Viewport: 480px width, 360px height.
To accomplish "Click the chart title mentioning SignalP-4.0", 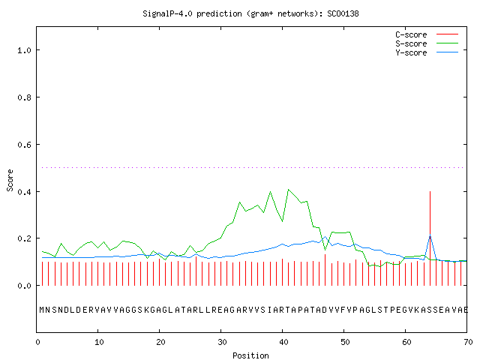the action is [250, 14].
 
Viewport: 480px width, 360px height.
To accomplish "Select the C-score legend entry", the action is [427, 34].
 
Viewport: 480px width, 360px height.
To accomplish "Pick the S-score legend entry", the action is [427, 43].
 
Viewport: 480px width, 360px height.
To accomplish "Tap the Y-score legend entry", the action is [427, 52].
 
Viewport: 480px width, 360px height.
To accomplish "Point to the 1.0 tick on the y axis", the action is [24, 50].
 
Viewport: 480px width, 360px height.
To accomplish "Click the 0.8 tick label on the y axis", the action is [24, 97].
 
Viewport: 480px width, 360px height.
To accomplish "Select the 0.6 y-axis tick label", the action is [24, 145].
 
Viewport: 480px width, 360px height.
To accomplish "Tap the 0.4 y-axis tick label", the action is [24, 192].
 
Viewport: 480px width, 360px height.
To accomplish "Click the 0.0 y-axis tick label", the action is [24, 286].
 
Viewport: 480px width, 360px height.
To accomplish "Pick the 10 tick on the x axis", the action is [99, 342].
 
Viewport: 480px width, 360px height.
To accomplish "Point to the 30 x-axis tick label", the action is [222, 342].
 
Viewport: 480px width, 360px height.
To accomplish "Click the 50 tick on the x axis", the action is [345, 342].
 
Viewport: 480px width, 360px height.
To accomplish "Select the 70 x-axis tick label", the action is [468, 342].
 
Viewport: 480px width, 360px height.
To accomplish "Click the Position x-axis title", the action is [250, 355].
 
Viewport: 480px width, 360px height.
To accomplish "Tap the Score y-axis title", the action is [10, 180].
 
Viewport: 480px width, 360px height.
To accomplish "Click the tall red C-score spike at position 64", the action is [430, 238].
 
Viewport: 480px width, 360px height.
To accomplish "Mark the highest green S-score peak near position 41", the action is [288, 190].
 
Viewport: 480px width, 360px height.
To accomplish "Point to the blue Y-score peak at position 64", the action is [430, 235].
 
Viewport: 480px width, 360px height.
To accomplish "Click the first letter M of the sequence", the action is [42, 310].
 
